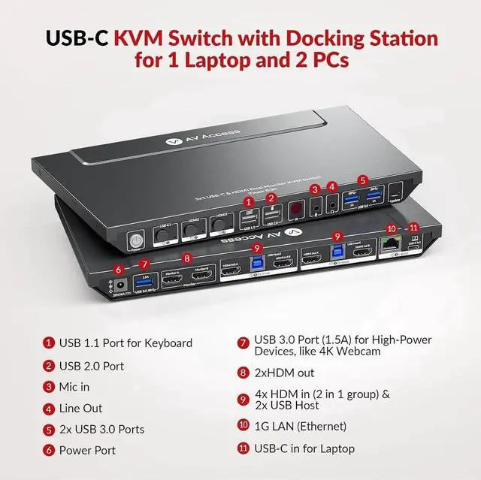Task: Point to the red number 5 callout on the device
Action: tap(364, 181)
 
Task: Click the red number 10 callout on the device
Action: tap(391, 228)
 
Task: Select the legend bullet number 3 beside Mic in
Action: tap(49, 387)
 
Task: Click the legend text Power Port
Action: tap(89, 451)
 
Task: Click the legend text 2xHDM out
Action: tap(285, 373)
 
